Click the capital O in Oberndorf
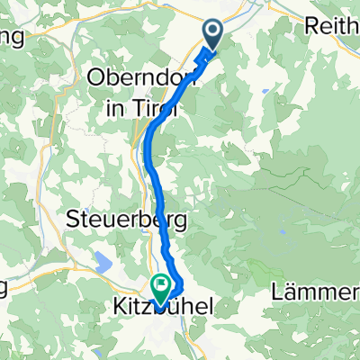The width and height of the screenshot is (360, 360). (x=94, y=79)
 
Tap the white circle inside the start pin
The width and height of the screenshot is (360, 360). (x=213, y=32)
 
